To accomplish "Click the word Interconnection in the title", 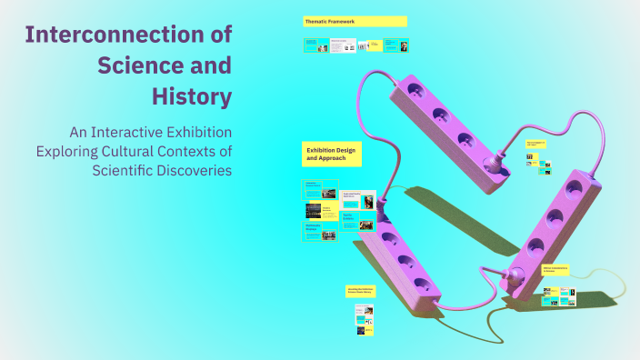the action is click(128, 35).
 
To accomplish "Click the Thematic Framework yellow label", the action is click(355, 21).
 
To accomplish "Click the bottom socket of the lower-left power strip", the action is click(421, 283).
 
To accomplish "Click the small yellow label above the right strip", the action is click(536, 144).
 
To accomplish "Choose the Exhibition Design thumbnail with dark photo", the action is click(314, 210).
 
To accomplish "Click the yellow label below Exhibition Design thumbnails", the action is click(358, 291).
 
